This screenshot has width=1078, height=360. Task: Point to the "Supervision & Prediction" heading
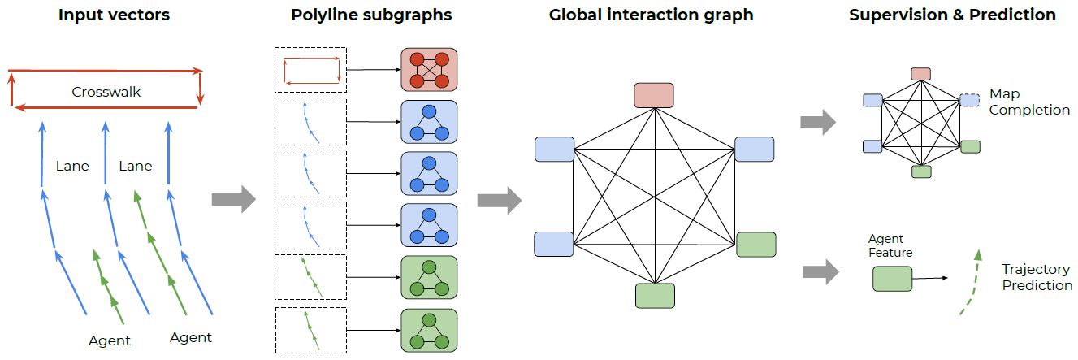[952, 15]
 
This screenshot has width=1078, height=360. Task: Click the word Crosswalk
[106, 92]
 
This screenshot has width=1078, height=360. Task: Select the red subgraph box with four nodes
[429, 70]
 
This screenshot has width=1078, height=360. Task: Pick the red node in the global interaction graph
[654, 94]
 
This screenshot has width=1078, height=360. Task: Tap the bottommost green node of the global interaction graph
[655, 295]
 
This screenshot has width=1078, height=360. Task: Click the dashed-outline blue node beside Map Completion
[970, 99]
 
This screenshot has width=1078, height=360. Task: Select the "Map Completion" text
[1028, 102]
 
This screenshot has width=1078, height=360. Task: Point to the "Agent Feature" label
[890, 245]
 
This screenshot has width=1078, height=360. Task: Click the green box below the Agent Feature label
[891, 279]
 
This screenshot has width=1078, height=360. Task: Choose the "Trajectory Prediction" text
[1037, 277]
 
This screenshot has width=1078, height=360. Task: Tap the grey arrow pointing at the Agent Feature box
[820, 272]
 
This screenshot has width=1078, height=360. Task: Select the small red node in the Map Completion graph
[920, 74]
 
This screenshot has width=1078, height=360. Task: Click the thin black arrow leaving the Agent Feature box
[929, 278]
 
